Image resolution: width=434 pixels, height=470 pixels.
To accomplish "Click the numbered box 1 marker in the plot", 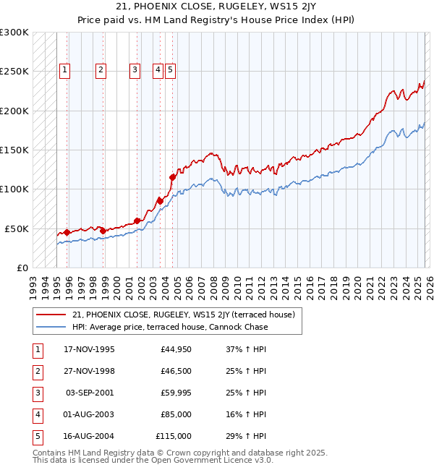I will click(x=65, y=70).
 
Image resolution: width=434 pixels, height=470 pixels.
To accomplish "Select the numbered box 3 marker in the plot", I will click(x=135, y=70).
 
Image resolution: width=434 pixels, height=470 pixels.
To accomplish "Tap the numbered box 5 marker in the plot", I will click(x=169, y=70).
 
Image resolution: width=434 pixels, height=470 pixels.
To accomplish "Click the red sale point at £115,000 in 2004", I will click(x=173, y=177).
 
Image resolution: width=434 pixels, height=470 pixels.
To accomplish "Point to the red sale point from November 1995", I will click(x=67, y=232).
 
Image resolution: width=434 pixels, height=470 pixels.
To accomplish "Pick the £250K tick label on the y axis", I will click(x=14, y=72).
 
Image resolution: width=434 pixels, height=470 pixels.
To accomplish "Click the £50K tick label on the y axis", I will click(x=17, y=228).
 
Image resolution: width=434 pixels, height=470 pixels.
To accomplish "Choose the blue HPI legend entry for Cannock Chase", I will click(x=170, y=327).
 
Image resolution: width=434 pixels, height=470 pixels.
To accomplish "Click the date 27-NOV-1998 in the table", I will click(x=89, y=371).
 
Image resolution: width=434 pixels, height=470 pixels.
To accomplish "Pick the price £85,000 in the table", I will click(x=176, y=414).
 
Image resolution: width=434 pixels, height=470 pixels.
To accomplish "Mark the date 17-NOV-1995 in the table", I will click(x=89, y=349).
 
